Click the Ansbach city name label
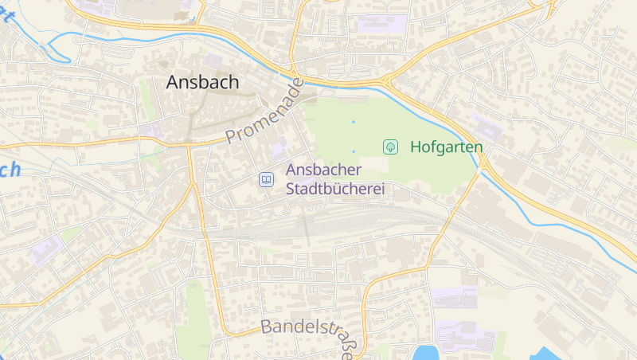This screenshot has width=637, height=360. coord(202,82)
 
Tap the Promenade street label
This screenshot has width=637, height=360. coord(265,112)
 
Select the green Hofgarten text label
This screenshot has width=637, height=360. coord(446,147)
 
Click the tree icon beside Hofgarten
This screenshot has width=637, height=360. coord(390,147)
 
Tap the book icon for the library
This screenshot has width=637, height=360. coord(265,180)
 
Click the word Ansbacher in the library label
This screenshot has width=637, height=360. coord(323,170)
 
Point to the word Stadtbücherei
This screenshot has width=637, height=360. coord(334,190)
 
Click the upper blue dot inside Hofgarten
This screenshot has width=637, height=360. coord(354,122)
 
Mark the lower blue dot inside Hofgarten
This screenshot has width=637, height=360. coord(354,151)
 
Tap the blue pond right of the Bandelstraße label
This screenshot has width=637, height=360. coord(425,353)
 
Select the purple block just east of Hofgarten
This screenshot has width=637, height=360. coord(485,127)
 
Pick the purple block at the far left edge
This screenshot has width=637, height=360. coord(44,250)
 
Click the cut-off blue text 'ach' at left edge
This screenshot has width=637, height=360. coord(10,170)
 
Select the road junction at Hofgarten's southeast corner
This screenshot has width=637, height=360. coord(483,163)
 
